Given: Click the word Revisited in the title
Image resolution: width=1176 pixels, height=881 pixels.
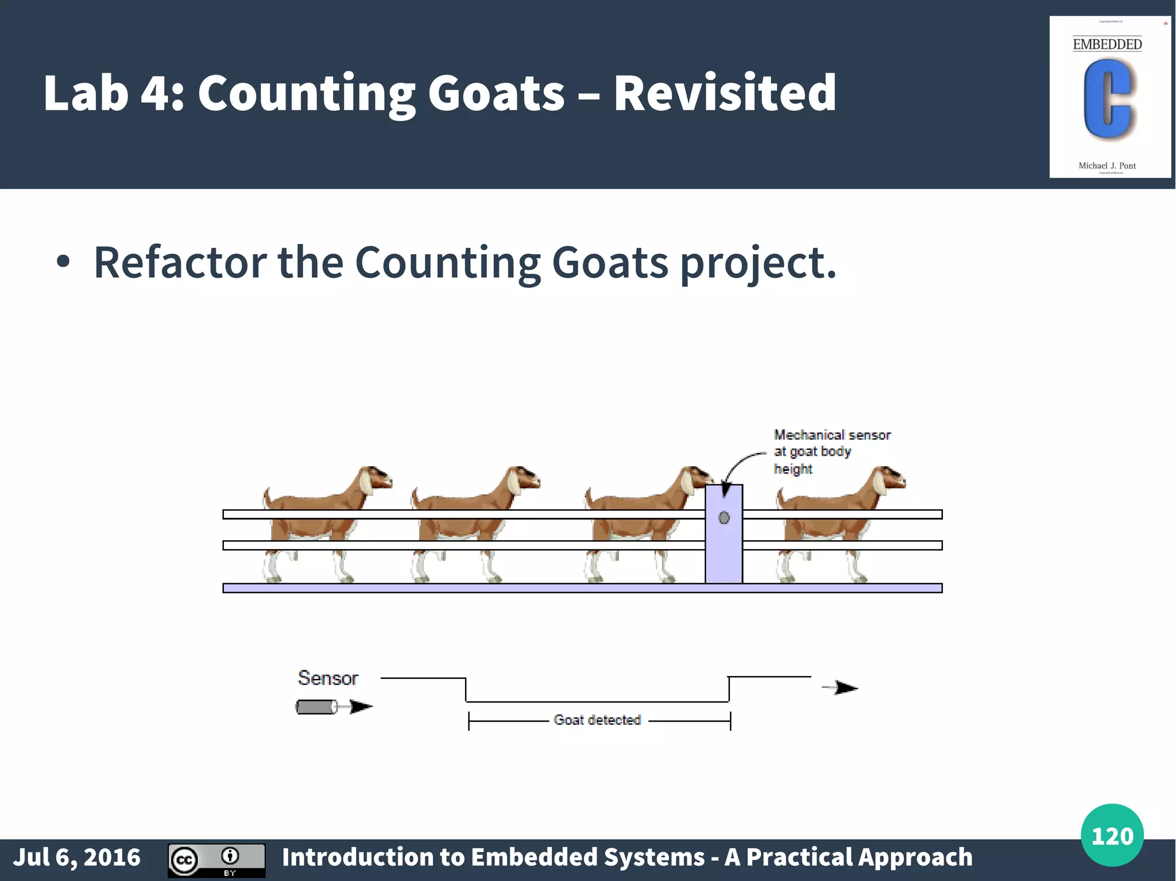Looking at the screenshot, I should (x=725, y=93).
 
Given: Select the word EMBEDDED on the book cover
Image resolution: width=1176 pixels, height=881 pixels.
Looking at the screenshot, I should (x=1107, y=44).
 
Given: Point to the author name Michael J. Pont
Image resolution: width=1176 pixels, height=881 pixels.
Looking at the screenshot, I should (x=1107, y=166).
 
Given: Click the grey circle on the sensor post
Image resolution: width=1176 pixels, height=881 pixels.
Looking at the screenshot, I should (x=724, y=518).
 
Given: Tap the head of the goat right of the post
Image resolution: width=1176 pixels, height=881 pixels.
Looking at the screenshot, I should (x=889, y=479).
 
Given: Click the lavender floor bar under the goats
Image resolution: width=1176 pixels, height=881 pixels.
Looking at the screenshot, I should (x=459, y=588).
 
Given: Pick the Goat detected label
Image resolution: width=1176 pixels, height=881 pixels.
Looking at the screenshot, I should (x=597, y=720).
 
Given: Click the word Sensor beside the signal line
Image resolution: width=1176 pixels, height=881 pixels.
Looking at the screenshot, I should (x=328, y=678).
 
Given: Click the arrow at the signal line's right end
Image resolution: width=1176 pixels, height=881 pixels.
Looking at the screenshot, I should (x=842, y=688).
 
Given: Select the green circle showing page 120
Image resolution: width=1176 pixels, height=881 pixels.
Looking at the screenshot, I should (x=1112, y=836).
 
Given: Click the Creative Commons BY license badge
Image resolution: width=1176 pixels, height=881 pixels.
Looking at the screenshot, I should (x=216, y=860).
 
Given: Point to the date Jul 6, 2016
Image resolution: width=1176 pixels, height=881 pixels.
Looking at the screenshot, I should (x=77, y=857).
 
